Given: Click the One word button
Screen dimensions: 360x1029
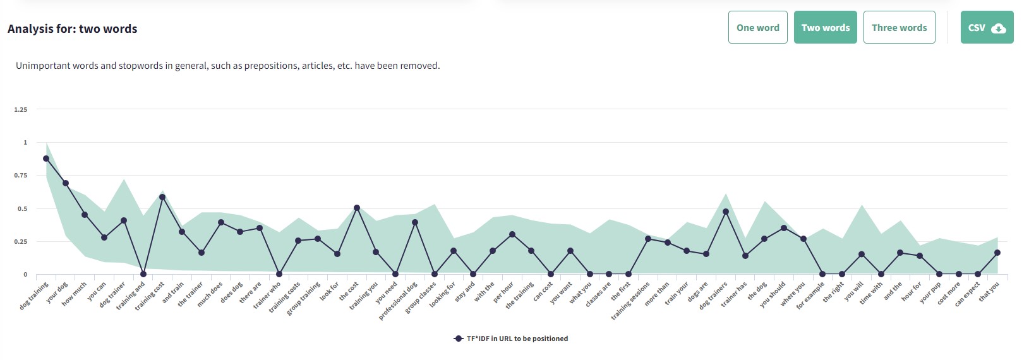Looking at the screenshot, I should tap(757, 27).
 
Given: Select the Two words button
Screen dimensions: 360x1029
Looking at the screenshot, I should tap(825, 27).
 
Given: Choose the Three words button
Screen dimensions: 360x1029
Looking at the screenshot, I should tap(899, 27).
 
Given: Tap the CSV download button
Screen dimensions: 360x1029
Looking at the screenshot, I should tap(987, 27).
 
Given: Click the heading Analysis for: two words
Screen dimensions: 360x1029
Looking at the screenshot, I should tap(72, 29).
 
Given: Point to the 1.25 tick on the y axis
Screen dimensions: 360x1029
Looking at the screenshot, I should tap(21, 110).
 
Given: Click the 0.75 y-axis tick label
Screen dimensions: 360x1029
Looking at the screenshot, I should tap(21, 176).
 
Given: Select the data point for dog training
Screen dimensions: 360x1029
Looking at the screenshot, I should tap(46, 159).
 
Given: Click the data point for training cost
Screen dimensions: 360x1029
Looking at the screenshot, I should tap(162, 197).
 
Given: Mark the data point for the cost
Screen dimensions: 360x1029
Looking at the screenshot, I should tap(357, 208).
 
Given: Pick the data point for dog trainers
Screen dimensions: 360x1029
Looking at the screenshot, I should tap(726, 212).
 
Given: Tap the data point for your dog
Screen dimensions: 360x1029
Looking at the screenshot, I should tap(66, 183).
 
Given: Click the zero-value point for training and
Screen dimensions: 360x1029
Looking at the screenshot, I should tap(143, 274).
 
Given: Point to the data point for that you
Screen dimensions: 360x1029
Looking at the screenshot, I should tap(997, 253).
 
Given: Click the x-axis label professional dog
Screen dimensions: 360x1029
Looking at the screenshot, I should tap(399, 301).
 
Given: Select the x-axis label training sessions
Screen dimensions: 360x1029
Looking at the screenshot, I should tap(631, 301).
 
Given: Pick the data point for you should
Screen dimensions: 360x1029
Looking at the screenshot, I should tap(784, 228).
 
